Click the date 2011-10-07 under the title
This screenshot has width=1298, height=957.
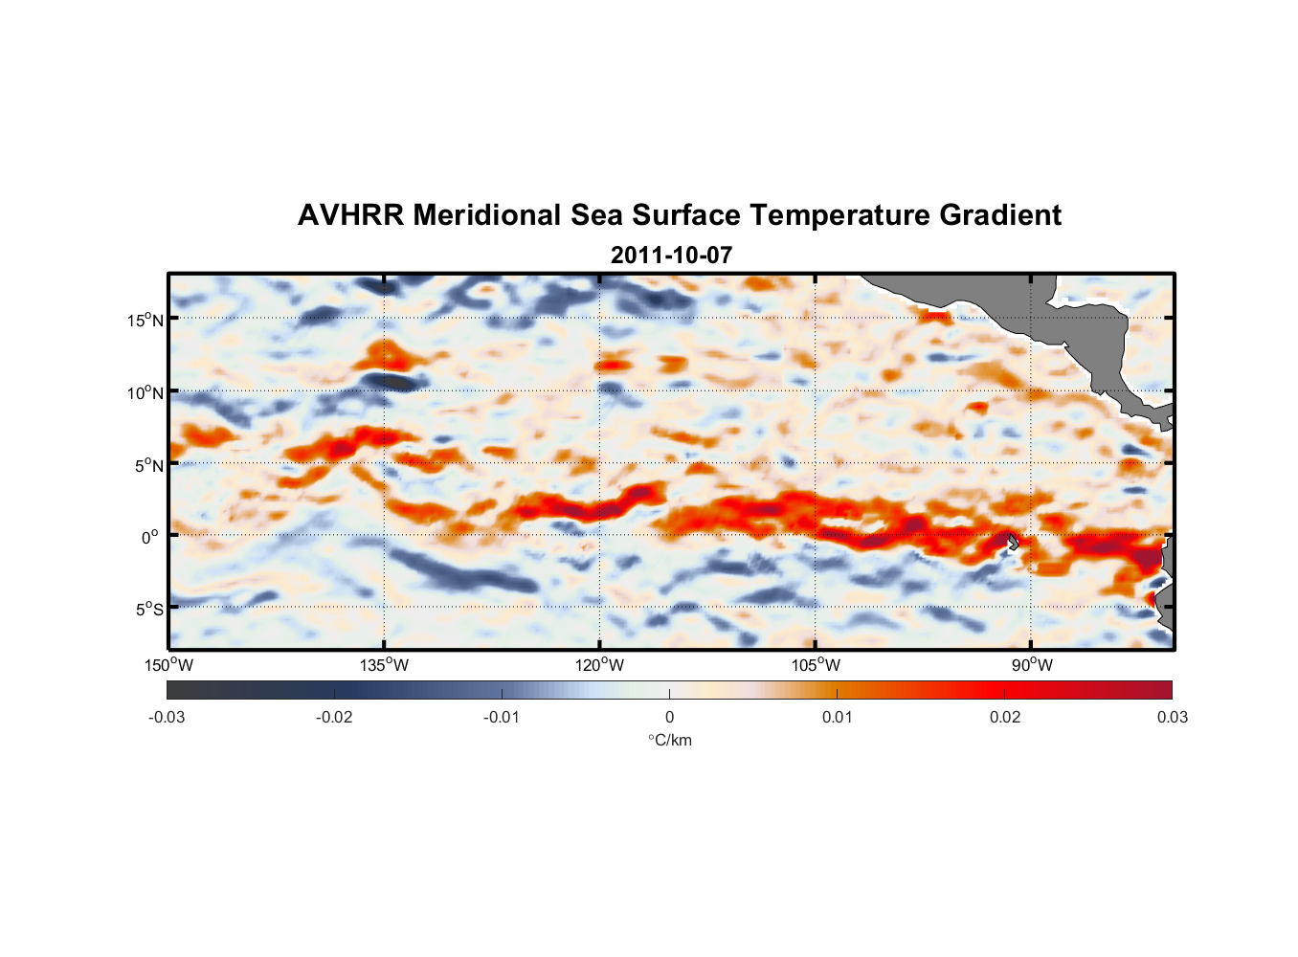tap(671, 256)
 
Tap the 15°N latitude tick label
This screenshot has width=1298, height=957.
tap(145, 320)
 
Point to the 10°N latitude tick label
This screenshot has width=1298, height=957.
tap(145, 392)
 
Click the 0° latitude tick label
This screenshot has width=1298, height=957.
tap(150, 537)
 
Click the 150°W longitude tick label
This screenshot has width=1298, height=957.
tap(169, 665)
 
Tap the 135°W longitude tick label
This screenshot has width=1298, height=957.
tap(385, 665)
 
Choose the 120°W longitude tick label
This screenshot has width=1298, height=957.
tap(600, 665)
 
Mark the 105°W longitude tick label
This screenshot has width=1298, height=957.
tap(816, 665)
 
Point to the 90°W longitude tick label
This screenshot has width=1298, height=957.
tap(1032, 665)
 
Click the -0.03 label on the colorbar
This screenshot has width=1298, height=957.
tap(167, 717)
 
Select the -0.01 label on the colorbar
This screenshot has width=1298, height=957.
tap(502, 717)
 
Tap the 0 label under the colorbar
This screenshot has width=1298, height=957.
tap(669, 717)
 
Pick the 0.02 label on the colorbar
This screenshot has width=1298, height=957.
tap(1005, 717)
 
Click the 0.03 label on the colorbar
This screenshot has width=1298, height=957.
tap(1172, 717)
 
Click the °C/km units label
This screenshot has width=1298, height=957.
tap(669, 740)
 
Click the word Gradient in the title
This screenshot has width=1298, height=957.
tap(1000, 215)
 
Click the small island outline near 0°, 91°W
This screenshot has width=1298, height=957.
tap(1013, 542)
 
